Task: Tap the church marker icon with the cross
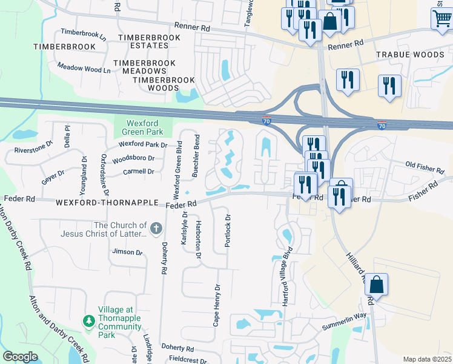156,229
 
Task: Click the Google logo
20,357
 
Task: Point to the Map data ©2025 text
426,359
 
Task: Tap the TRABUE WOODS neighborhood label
410,55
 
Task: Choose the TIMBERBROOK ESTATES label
149,41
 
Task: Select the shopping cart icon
441,19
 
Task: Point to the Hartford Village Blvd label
287,277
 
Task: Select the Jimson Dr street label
127,252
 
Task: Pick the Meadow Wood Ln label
84,69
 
